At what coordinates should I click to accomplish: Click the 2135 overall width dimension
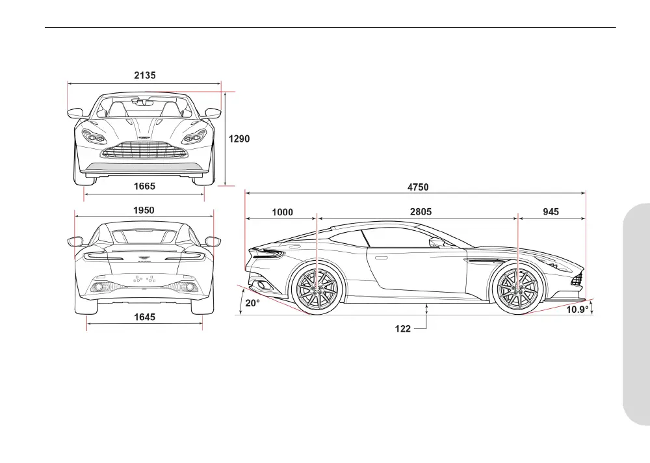click(145, 75)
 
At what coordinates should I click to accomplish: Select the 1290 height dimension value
click(239, 139)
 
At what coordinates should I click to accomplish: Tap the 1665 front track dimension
click(144, 186)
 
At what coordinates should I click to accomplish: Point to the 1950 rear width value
click(144, 210)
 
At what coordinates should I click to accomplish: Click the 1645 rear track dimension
click(144, 317)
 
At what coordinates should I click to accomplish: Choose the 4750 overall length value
click(418, 187)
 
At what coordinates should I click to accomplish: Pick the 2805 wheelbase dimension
click(421, 211)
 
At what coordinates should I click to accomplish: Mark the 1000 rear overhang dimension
click(282, 211)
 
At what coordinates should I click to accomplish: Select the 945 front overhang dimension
click(551, 211)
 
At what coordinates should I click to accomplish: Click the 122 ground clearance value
click(403, 329)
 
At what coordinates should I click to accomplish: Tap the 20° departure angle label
click(252, 303)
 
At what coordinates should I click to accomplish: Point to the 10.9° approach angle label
click(577, 310)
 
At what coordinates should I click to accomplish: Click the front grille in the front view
click(144, 152)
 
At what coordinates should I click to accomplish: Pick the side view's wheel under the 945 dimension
click(517, 290)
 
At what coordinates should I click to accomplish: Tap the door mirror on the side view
click(436, 243)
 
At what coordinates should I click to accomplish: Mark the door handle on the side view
click(382, 258)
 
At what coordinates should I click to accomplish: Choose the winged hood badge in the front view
click(144, 139)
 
